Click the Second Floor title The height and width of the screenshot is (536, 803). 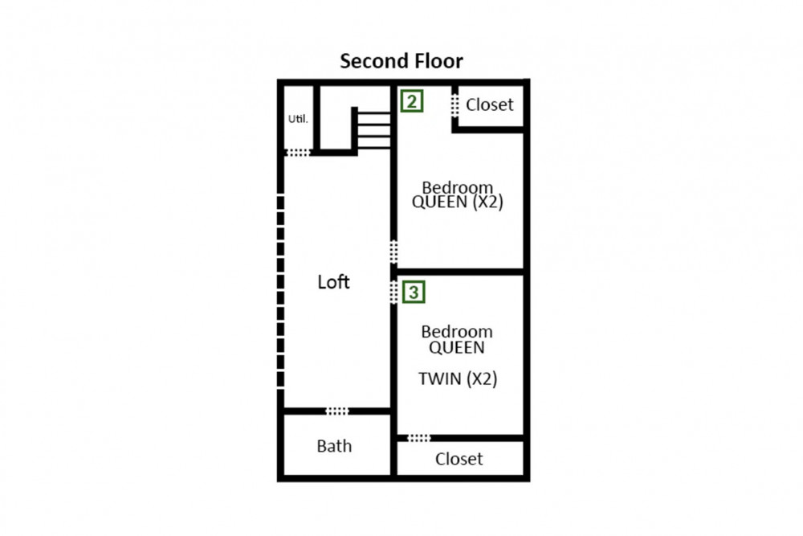coord(401,61)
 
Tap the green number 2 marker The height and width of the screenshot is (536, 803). coord(412,101)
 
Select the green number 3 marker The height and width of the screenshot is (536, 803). coord(414,292)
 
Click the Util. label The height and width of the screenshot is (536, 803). coord(298,119)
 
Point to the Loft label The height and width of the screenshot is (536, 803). coord(333,282)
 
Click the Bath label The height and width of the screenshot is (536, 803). coord(334,446)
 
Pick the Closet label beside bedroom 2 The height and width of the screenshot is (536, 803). coord(490,104)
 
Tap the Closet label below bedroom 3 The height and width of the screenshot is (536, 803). coord(459,459)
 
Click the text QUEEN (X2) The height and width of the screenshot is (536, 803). coord(458,202)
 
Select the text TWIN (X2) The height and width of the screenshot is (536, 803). coord(458,378)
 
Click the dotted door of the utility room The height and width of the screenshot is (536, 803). coord(298,152)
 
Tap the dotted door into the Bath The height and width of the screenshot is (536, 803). coord(337,411)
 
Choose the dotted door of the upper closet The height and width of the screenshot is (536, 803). coord(454,106)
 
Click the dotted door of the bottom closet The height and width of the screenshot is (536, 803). coord(419,438)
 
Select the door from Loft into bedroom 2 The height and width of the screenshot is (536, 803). coord(393,252)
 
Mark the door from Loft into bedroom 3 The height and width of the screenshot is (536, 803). coord(393,292)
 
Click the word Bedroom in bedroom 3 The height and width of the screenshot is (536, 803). coord(457,332)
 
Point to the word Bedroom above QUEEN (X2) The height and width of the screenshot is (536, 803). coord(458,187)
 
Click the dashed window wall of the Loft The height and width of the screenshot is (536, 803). coord(280,291)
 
